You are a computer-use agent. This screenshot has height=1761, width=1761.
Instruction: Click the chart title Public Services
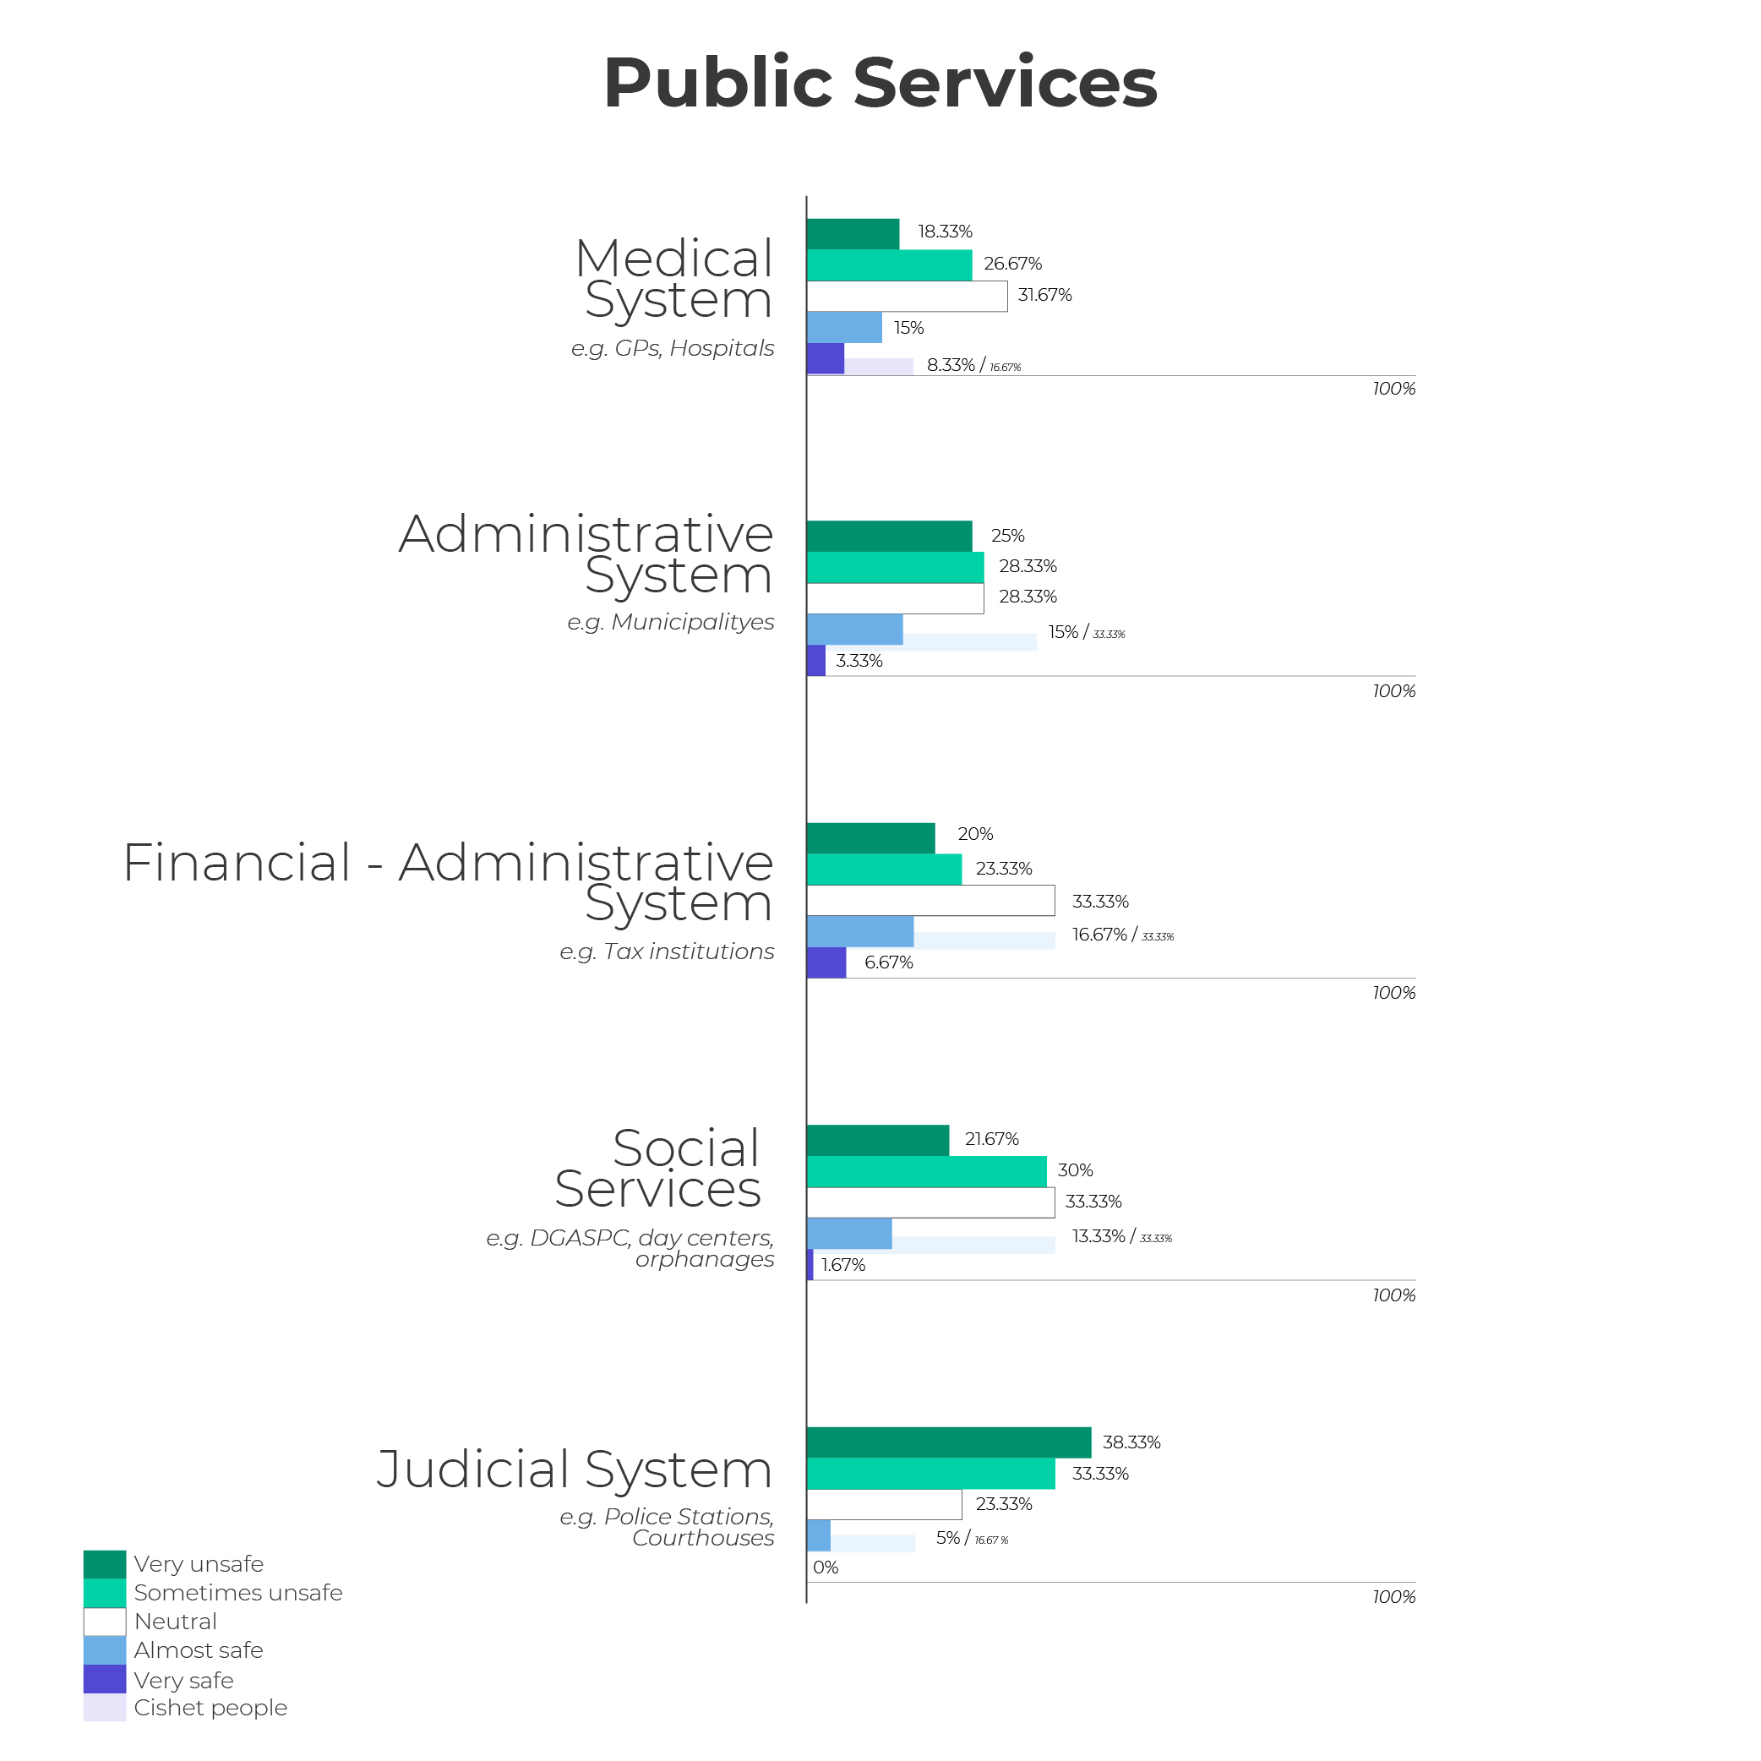(880, 83)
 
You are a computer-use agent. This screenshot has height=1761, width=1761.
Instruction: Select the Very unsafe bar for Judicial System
(948, 1442)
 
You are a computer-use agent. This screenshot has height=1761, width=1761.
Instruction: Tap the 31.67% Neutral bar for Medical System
(907, 297)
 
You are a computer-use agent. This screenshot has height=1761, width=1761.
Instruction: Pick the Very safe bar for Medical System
(825, 358)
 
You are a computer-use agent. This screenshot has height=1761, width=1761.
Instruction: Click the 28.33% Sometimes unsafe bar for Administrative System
(895, 567)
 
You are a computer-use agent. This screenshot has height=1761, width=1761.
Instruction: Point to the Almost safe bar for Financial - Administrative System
(859, 931)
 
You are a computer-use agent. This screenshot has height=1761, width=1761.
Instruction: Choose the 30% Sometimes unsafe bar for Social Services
(926, 1171)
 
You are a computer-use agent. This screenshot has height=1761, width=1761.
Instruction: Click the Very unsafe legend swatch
(105, 1564)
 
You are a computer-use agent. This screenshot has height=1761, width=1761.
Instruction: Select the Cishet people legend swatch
(105, 1708)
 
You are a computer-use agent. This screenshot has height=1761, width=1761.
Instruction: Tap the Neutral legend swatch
(105, 1622)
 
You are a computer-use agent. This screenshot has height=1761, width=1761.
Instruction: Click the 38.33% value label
(1131, 1442)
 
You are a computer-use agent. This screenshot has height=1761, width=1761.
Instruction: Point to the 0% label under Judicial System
(826, 1567)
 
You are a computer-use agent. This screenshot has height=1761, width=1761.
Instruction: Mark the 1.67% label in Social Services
(843, 1265)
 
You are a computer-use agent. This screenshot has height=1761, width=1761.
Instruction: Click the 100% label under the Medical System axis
(1393, 390)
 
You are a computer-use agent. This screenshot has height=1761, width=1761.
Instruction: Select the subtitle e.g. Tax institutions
(667, 951)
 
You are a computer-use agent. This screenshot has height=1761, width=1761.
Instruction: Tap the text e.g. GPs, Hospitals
(672, 348)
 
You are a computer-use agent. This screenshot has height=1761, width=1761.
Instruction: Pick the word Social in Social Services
(685, 1148)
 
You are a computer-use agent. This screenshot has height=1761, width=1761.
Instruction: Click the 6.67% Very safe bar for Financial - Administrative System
(826, 962)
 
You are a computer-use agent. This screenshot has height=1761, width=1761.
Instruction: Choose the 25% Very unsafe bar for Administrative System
(889, 536)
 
